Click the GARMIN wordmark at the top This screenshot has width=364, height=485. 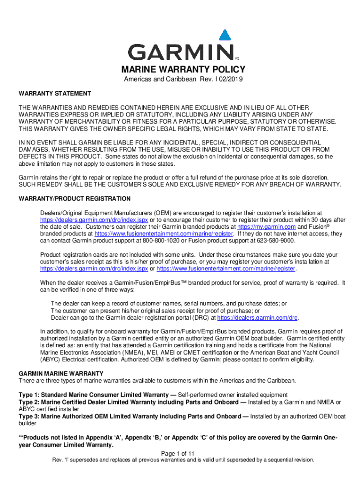[x=182, y=52]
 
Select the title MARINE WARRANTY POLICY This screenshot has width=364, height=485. [x=182, y=71]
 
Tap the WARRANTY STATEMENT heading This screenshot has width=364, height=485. [x=55, y=93]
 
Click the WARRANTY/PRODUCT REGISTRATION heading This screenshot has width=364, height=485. [x=75, y=198]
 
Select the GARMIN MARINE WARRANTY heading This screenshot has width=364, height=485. [x=61, y=374]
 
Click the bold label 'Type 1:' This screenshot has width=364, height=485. [x=30, y=395]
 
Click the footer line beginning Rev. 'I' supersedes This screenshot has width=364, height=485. [x=182, y=460]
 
